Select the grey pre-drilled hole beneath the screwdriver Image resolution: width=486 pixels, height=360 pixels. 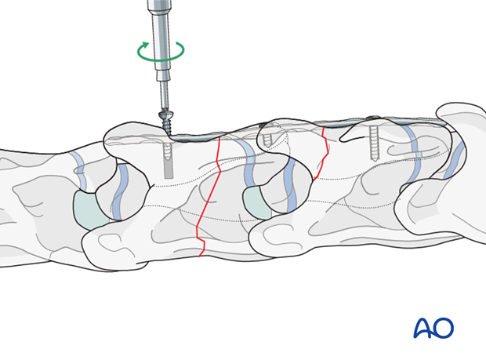tap(168, 161)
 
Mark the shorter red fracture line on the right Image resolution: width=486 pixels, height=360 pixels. tap(322, 154)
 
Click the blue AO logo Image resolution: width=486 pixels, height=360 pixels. tap(433, 328)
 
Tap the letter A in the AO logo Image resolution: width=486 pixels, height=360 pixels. tap(423, 328)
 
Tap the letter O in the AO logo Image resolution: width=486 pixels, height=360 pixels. tap(444, 328)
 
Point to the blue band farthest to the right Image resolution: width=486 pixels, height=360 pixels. tap(453, 161)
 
